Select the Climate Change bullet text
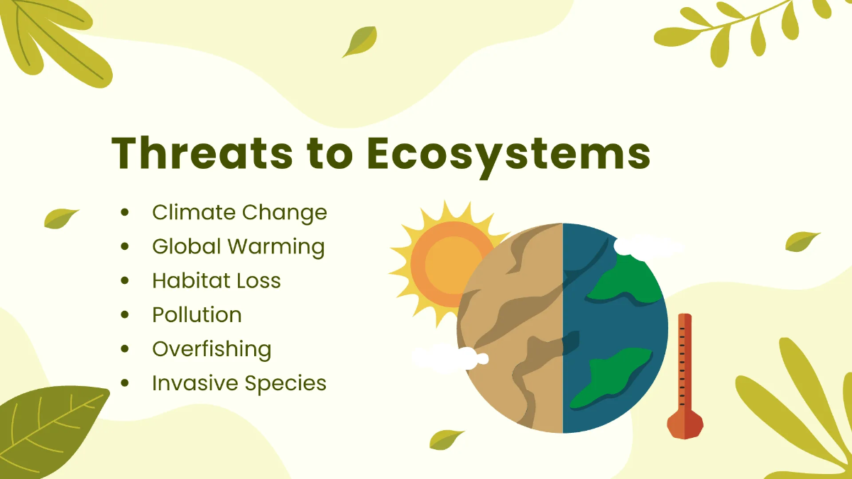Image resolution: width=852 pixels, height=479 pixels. pos(239,212)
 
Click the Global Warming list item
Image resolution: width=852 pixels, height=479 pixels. pos(238,247)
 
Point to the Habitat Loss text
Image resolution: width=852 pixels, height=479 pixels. pos(216,280)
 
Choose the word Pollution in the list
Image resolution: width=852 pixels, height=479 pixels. pos(197,314)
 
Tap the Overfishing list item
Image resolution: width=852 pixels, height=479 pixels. pos(211,349)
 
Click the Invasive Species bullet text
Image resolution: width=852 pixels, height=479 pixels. pos(239,383)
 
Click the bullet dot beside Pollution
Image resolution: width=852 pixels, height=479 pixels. pos(126,314)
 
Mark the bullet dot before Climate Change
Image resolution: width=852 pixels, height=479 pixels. pos(126,212)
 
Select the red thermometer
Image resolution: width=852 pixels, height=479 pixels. pos(684,369)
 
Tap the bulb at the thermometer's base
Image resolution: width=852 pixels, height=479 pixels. pos(685,424)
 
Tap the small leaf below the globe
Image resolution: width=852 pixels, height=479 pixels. pos(446,439)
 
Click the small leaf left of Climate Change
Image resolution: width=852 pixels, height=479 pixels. pos(60,218)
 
